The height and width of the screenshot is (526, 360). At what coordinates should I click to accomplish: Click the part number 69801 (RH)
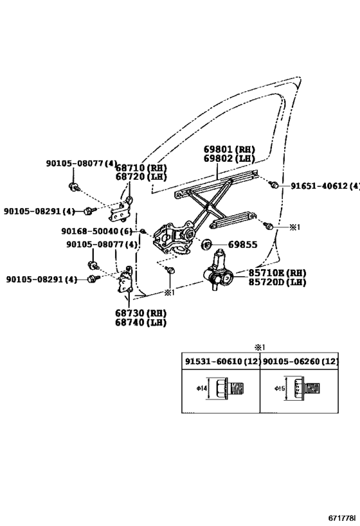click(x=228, y=149)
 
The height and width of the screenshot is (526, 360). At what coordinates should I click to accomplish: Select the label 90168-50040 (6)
click(x=96, y=231)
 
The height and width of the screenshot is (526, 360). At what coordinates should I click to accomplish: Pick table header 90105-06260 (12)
click(x=300, y=362)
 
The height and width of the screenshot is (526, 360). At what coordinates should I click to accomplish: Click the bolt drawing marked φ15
click(x=306, y=389)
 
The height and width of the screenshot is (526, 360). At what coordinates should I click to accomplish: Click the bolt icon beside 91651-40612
click(x=274, y=186)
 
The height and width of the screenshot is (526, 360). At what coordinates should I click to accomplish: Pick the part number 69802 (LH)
click(x=228, y=158)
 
